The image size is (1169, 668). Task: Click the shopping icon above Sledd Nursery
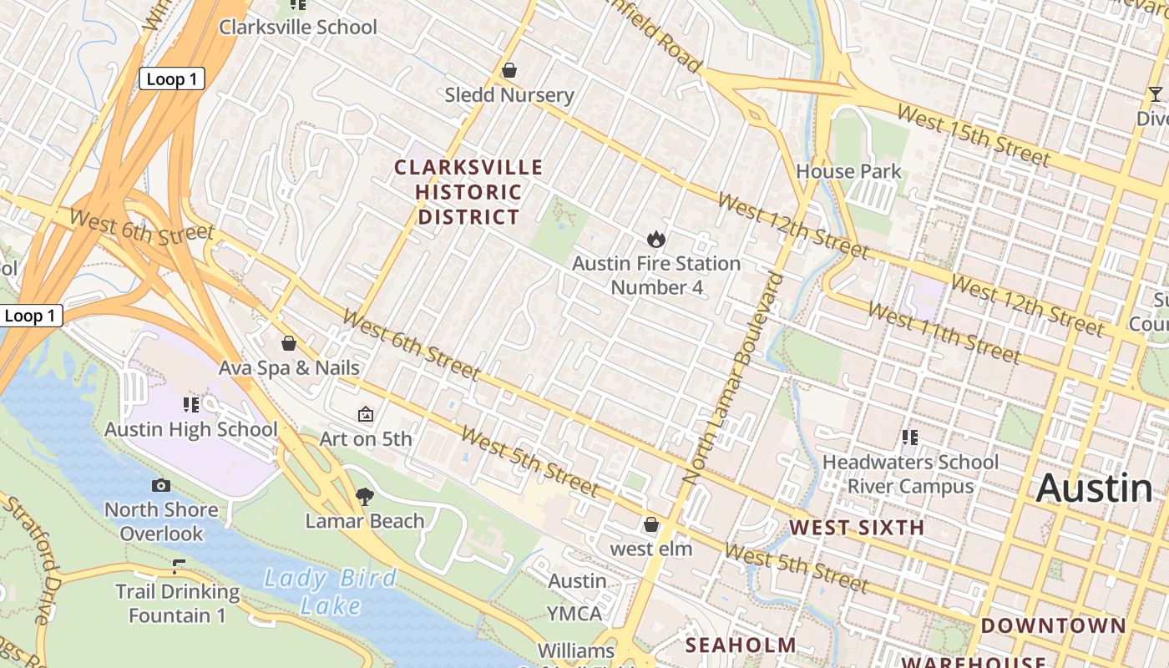[x=509, y=71]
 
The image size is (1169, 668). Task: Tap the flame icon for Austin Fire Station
[x=656, y=240]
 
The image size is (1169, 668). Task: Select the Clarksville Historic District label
[x=468, y=192]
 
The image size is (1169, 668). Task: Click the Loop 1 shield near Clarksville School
[x=171, y=79]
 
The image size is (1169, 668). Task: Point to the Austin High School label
[x=191, y=429]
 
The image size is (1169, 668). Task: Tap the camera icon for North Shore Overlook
[x=161, y=485]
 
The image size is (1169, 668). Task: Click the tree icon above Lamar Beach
[x=364, y=497]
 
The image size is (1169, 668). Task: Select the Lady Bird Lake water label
[x=331, y=591]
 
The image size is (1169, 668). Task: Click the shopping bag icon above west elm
[x=651, y=524]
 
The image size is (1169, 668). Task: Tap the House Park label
[x=848, y=171]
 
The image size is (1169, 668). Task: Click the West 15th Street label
[x=973, y=136]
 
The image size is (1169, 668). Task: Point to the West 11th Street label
[x=944, y=332]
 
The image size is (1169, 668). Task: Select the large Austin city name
[x=1094, y=488]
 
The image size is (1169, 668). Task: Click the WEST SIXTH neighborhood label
[x=857, y=528]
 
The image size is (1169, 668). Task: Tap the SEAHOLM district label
[x=741, y=645]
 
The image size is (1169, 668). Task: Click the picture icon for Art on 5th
[x=365, y=414]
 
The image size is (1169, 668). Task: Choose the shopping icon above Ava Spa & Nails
[x=289, y=343]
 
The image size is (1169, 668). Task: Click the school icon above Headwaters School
[x=910, y=437]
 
